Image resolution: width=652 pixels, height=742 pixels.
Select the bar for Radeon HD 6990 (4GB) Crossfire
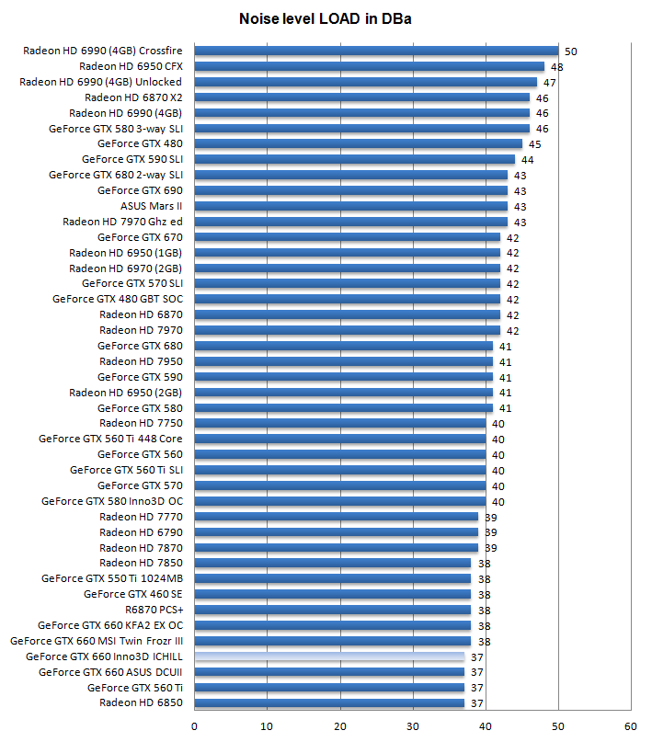377,51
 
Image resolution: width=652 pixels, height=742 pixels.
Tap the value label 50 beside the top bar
570,51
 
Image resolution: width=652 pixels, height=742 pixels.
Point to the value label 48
556,67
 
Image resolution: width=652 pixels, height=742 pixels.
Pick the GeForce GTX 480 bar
359,143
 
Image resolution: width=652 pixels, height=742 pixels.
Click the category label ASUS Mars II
152,206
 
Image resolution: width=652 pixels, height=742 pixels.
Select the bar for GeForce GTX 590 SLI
355,159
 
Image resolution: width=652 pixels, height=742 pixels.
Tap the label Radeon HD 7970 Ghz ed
122,222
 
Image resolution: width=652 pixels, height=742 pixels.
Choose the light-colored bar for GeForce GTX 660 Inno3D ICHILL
329,656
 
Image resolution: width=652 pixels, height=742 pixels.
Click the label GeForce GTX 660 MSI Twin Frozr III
97,641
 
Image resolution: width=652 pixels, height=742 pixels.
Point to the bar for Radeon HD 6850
329,703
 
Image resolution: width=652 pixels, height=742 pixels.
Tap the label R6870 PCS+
154,610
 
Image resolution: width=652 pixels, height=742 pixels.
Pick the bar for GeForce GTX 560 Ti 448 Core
340,439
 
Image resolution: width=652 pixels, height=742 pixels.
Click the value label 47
549,83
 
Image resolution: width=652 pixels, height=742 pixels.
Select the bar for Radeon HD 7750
340,423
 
